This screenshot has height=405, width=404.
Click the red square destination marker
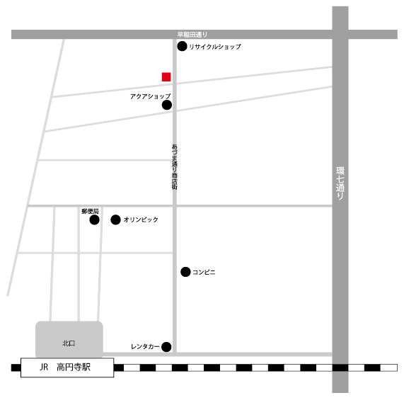pos(166,77)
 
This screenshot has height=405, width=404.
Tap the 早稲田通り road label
pos(192,35)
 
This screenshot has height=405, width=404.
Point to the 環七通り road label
pos(340,183)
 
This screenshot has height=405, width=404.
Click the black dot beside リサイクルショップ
pos(182,46)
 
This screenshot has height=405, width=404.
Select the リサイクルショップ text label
pos(215,47)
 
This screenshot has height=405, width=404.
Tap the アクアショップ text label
pos(151,96)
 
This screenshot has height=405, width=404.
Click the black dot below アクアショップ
pos(167,105)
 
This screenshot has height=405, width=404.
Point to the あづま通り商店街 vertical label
pos(175,167)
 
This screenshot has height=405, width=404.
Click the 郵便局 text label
pos(90,211)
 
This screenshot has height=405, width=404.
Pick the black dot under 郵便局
pos(95,220)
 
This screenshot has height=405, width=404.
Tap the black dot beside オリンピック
pos(115,219)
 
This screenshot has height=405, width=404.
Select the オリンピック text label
pos(141,219)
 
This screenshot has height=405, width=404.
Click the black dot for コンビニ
pos(185,272)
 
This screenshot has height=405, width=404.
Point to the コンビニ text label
pos(204,272)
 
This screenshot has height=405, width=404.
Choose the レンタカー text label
pos(145,347)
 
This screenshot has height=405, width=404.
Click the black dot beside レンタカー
pos(166,347)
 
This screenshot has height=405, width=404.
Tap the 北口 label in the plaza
pos(69,343)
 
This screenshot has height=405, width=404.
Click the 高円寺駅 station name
pos(74,367)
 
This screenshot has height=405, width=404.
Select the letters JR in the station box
pos(44,367)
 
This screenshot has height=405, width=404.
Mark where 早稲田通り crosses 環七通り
pos(340,35)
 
